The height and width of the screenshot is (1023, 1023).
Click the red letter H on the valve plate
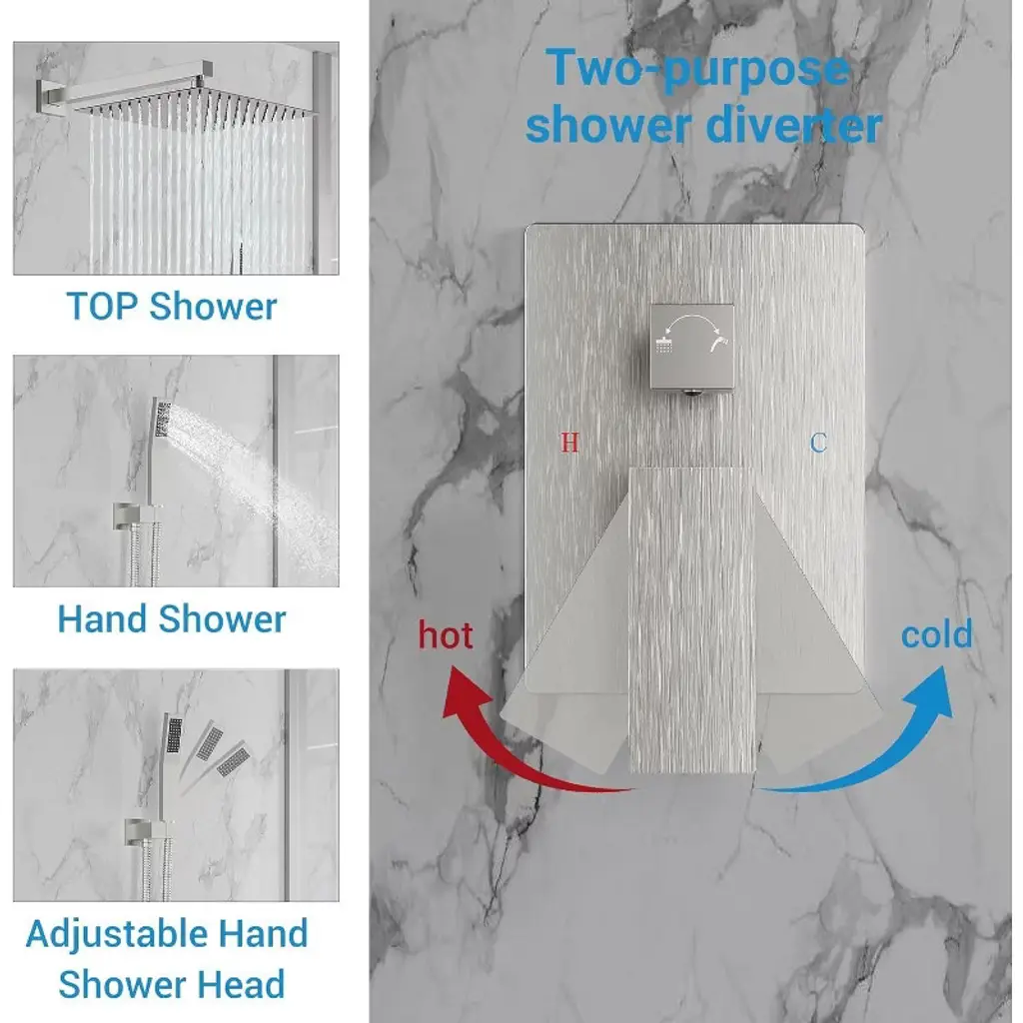pos(569,443)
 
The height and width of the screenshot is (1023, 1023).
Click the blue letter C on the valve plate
pos(818,443)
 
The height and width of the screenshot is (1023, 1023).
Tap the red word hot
pos(446,634)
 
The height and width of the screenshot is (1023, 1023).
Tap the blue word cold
pos(937,633)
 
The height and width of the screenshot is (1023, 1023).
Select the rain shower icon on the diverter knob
pos(664,344)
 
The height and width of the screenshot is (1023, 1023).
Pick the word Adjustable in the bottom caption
pos(116,934)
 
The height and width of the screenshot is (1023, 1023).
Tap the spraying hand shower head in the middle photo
pos(162,418)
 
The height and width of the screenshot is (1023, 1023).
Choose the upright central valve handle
pos(692,619)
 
